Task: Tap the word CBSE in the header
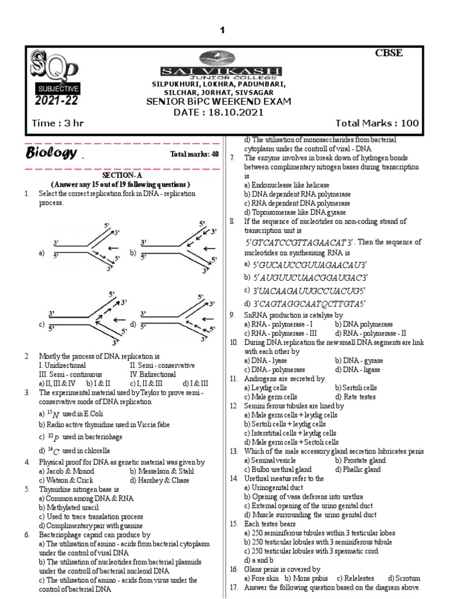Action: pos(389,54)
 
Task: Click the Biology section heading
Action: pos(51,154)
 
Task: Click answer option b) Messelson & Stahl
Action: pos(166,470)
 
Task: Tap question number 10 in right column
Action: pos(233,342)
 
